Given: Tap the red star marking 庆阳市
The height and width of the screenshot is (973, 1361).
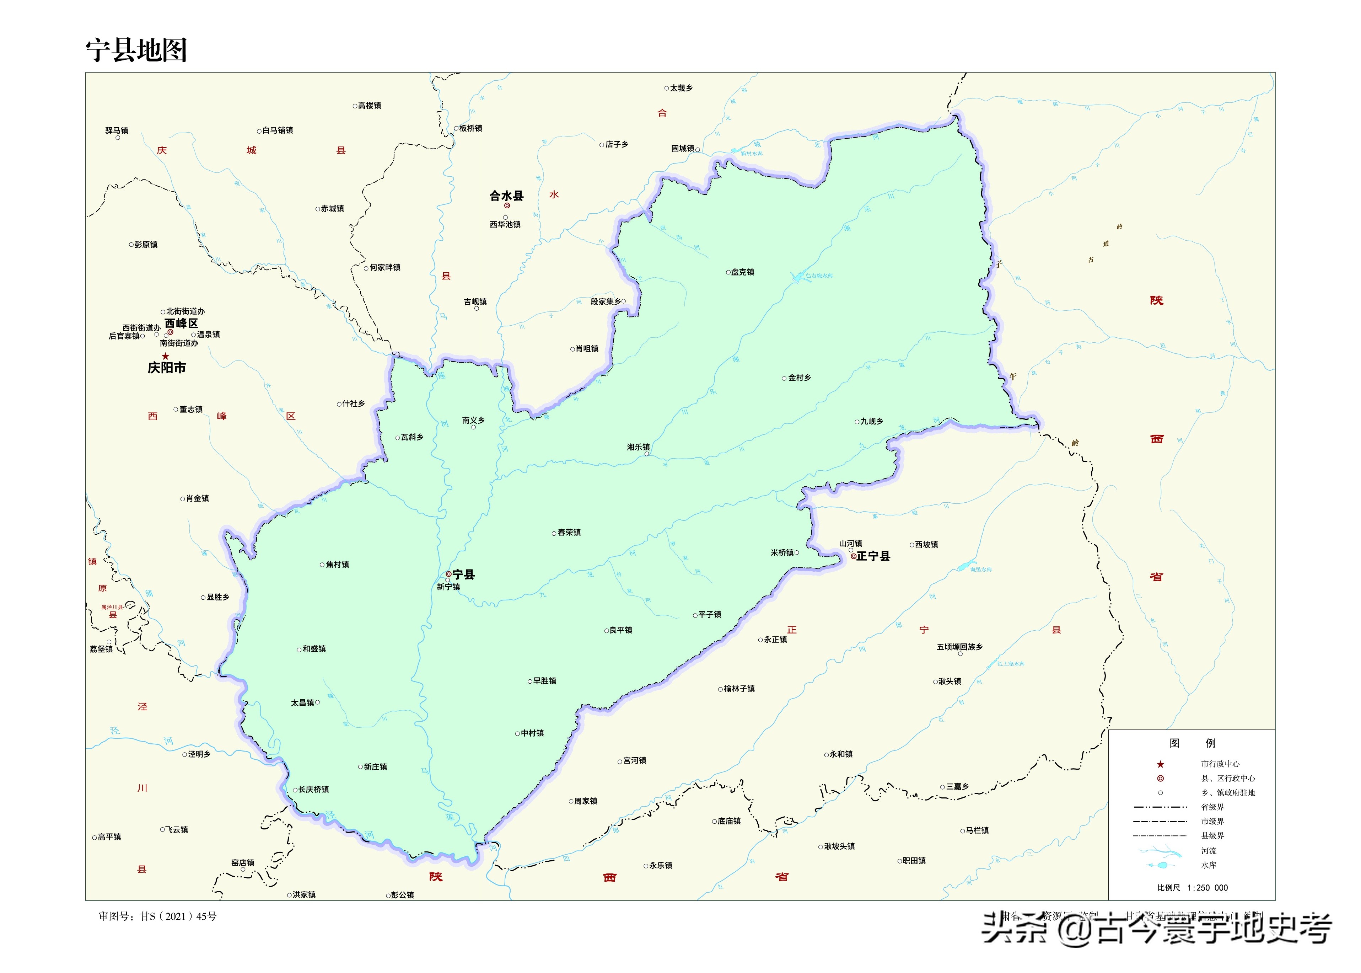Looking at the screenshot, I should [165, 356].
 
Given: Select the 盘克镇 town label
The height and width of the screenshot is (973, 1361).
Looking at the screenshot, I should [742, 272].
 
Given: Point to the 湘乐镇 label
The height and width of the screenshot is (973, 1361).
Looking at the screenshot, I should [638, 447].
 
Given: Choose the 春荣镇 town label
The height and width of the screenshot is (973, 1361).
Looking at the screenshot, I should [569, 532].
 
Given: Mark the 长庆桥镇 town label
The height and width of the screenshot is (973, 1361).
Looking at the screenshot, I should [313, 789].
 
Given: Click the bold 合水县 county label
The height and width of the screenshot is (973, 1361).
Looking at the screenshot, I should [507, 196].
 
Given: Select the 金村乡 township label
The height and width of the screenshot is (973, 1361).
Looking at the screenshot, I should [799, 378].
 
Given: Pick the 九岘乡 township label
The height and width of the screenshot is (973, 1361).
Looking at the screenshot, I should [872, 421].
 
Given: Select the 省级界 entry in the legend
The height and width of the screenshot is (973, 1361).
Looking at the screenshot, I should [1212, 807].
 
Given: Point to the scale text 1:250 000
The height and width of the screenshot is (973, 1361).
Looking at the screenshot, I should [1207, 888].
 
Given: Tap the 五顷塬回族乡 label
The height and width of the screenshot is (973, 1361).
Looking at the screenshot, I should [959, 647].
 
